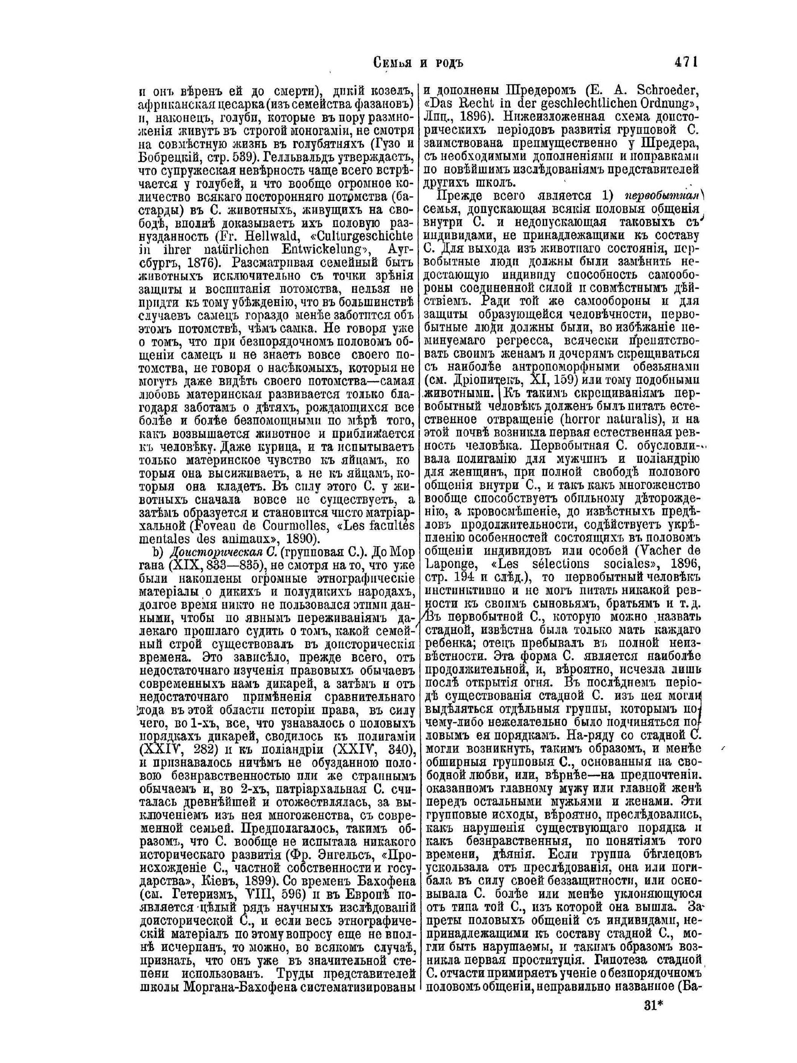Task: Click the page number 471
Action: [x=685, y=62]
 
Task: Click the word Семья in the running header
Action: [x=395, y=62]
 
